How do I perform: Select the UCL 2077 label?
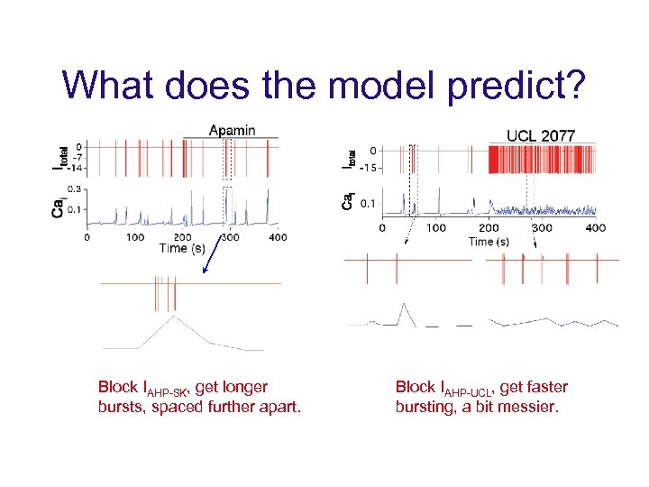coord(541,135)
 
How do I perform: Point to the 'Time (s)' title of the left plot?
coord(186,248)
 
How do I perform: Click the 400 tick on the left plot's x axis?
coord(278,237)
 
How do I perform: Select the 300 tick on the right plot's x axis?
coord(541,228)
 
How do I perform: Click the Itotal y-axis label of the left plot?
coord(59,157)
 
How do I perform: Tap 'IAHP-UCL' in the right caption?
coord(460,389)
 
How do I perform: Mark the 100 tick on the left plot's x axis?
coord(134,237)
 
